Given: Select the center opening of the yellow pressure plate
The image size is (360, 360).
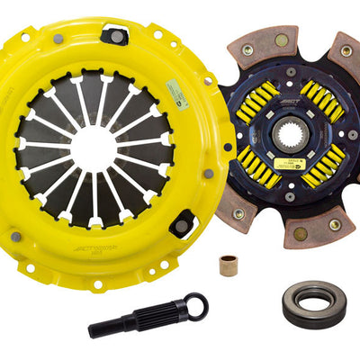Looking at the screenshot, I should click(94, 148).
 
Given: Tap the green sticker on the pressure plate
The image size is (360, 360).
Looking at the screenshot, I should click(176, 93).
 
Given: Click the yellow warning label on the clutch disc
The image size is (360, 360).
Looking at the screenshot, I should click(291, 163).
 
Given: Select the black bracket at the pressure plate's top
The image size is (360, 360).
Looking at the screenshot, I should click(114, 35).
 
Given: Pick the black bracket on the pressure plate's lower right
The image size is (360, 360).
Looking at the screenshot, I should click(183, 222).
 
